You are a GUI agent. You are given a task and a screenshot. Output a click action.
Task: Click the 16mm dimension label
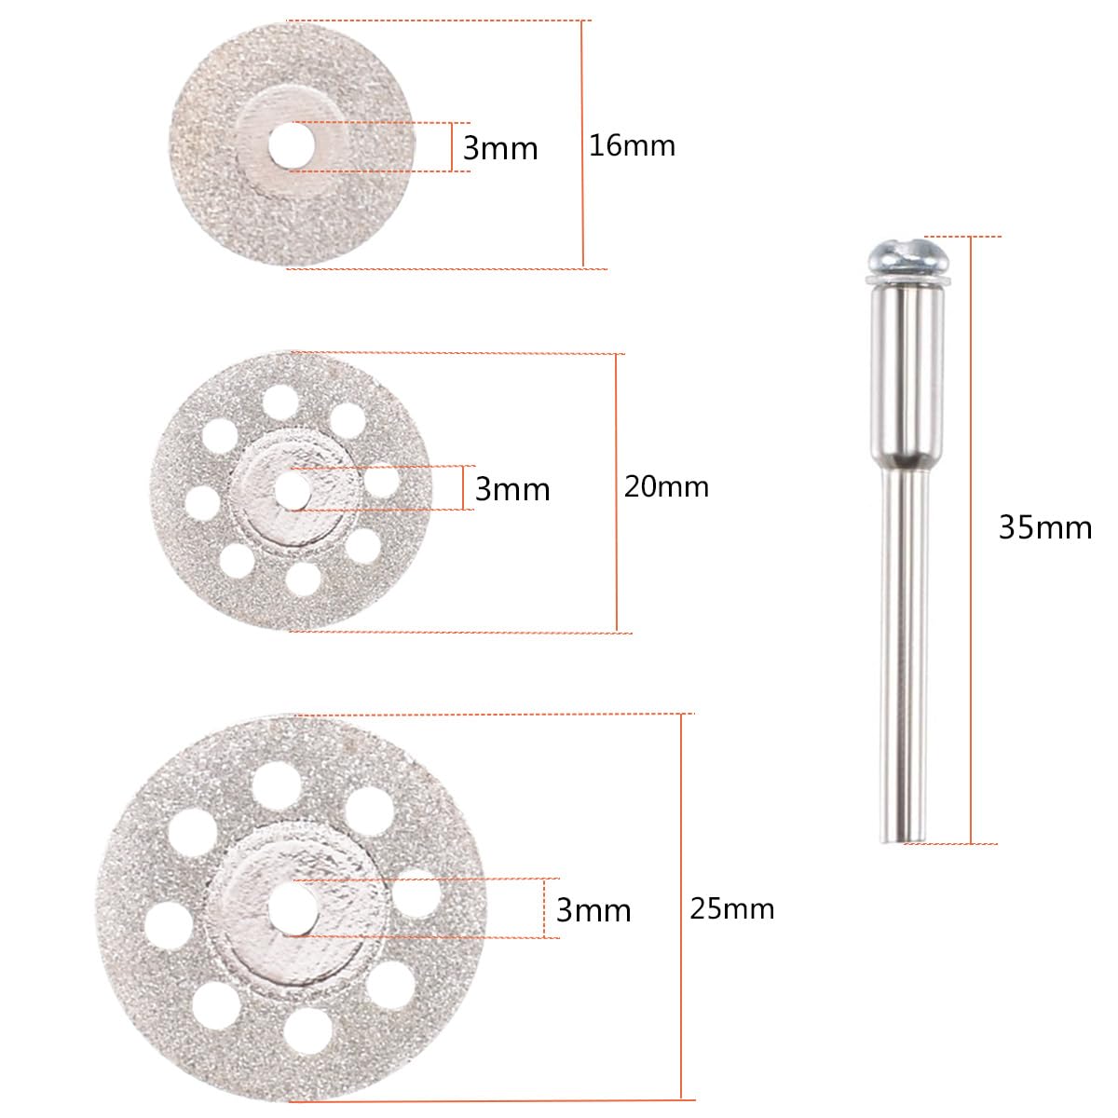(x=632, y=145)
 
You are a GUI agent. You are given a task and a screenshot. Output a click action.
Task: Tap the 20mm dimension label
(x=666, y=486)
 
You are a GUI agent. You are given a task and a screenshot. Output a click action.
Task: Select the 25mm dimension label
(x=731, y=908)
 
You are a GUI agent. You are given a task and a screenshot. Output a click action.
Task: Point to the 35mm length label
(x=1045, y=528)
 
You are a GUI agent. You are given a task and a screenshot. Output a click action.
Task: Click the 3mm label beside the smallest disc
(x=500, y=148)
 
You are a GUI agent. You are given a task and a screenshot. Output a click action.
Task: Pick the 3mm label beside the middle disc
(x=512, y=489)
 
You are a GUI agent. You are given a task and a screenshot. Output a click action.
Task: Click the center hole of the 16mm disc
(x=292, y=147)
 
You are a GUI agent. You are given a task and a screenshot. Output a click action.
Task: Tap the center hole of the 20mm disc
(x=292, y=490)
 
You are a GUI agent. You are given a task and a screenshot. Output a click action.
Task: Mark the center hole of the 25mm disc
(x=293, y=908)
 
